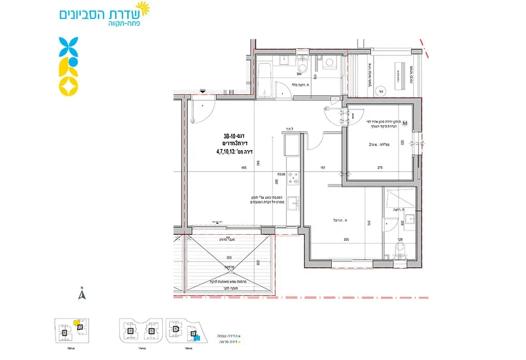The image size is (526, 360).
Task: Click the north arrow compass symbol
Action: pyautogui.click(x=81, y=295)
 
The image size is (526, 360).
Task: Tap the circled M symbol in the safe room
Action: pyautogui.click(x=405, y=123)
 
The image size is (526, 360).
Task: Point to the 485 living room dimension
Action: pyautogui.click(x=228, y=168)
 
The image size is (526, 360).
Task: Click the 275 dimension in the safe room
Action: pyautogui.click(x=380, y=168)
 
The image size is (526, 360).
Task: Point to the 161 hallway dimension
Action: pyautogui.click(x=322, y=168)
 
